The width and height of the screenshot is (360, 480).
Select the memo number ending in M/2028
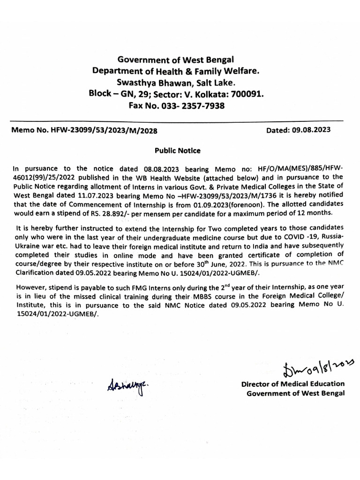click(84, 130)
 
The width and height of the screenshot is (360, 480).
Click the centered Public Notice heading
click(178, 150)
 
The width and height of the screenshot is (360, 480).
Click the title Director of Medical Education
click(292, 384)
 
